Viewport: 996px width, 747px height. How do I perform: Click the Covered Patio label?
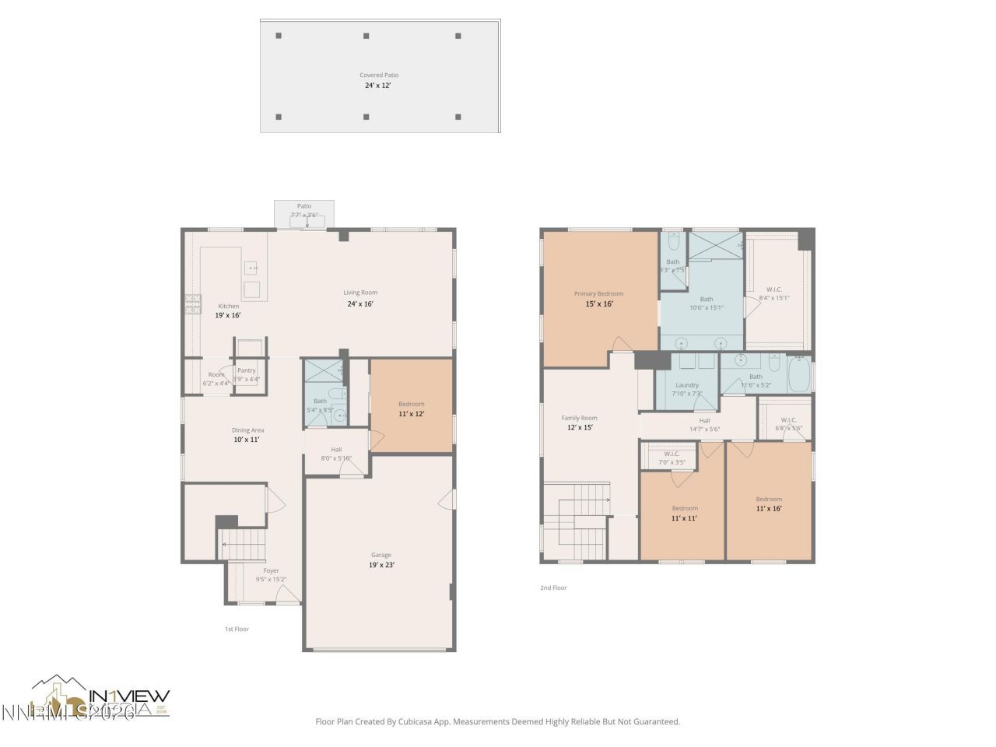coord(379,75)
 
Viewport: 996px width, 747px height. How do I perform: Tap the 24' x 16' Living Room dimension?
coord(360,304)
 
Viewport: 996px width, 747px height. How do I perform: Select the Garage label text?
coord(381,555)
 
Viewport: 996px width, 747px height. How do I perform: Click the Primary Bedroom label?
coord(598,294)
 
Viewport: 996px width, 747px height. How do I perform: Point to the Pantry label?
coord(246,370)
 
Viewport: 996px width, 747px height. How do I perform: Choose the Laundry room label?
coord(687,385)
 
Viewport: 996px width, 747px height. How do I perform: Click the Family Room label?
coord(579,418)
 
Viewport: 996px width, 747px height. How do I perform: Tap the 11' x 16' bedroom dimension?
coord(769,509)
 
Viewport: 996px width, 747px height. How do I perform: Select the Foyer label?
coord(271,570)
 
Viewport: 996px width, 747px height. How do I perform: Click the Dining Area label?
coord(247,430)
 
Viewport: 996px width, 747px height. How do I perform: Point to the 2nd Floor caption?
coord(553,587)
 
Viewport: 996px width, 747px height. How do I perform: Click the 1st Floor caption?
coord(237,629)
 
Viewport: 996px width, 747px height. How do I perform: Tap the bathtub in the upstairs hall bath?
coord(799,375)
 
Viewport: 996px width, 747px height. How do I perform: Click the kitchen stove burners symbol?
coord(192,303)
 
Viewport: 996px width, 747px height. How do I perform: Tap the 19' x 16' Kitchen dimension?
coord(228,315)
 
